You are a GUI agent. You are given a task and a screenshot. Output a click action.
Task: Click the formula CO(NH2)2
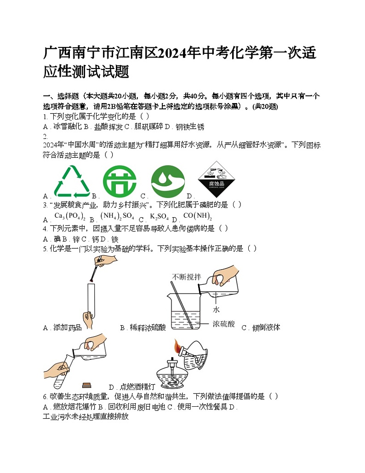[x=197, y=216]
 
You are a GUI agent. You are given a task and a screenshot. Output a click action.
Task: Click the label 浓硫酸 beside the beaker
[x=224, y=324]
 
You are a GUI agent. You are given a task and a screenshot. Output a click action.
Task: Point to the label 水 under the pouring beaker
[x=216, y=310]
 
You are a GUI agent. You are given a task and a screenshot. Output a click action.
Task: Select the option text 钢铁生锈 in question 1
[x=190, y=127]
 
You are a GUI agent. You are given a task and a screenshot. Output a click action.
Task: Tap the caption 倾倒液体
[x=265, y=328]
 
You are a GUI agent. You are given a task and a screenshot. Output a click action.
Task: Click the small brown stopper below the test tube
[x=86, y=385]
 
